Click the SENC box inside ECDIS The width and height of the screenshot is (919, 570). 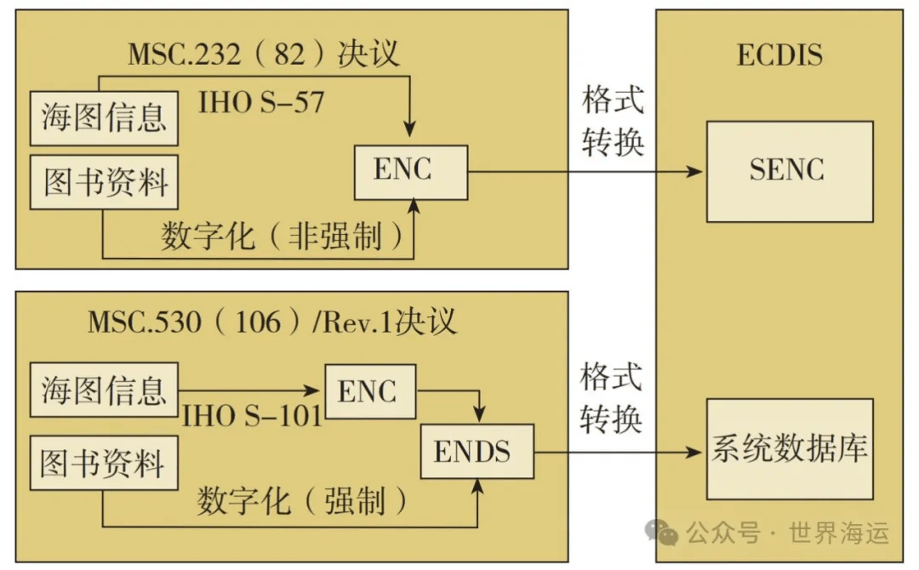tap(790, 172)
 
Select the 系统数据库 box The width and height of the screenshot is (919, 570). tap(790, 449)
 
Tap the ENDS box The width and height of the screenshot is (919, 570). tap(477, 451)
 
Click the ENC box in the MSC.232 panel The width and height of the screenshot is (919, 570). tap(411, 172)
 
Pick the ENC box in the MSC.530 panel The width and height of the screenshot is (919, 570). tap(370, 391)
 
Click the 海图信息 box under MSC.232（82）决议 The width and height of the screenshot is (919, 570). tap(104, 117)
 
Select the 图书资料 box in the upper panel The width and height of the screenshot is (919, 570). tap(104, 182)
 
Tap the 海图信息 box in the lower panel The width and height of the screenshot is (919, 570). tap(104, 390)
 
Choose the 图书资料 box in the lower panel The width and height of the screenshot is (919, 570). tap(104, 463)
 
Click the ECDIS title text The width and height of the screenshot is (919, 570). tap(779, 55)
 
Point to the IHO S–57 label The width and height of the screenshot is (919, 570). tap(261, 103)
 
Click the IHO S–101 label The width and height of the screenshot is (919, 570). tap(253, 417)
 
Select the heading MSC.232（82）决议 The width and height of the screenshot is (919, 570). tap(263, 54)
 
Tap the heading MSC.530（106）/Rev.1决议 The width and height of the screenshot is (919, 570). tap(272, 322)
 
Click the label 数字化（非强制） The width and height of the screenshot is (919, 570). tap(283, 237)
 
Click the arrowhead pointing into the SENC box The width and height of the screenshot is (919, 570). tap(694, 172)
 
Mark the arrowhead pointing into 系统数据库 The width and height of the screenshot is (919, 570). tap(694, 452)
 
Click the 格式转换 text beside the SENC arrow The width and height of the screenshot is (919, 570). tap(613, 122)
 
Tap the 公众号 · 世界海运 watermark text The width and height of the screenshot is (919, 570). tap(787, 533)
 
